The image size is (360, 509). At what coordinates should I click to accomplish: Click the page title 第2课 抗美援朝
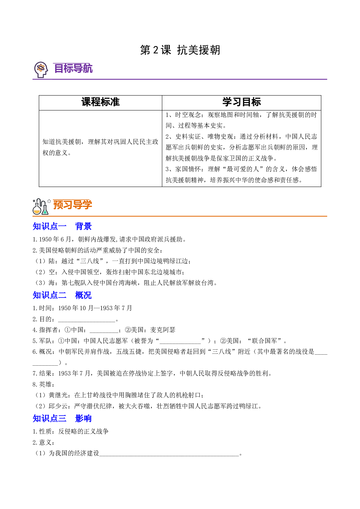[x=180, y=50]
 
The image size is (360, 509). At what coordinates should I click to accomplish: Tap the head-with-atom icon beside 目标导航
[x=41, y=70]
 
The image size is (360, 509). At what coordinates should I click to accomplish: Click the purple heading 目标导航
[x=73, y=68]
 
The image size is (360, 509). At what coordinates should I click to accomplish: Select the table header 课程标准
[x=100, y=102]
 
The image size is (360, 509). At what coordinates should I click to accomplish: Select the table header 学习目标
[x=242, y=102]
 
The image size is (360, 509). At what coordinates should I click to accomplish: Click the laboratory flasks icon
[x=41, y=207]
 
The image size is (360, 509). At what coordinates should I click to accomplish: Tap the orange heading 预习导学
[x=73, y=205]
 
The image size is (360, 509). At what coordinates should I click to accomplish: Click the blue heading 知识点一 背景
[x=62, y=226]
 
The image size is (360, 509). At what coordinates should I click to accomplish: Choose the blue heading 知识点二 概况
[x=62, y=295]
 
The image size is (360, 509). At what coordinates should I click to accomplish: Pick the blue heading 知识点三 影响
[x=62, y=418]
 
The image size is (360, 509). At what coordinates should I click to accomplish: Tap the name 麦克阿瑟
[x=163, y=330]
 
